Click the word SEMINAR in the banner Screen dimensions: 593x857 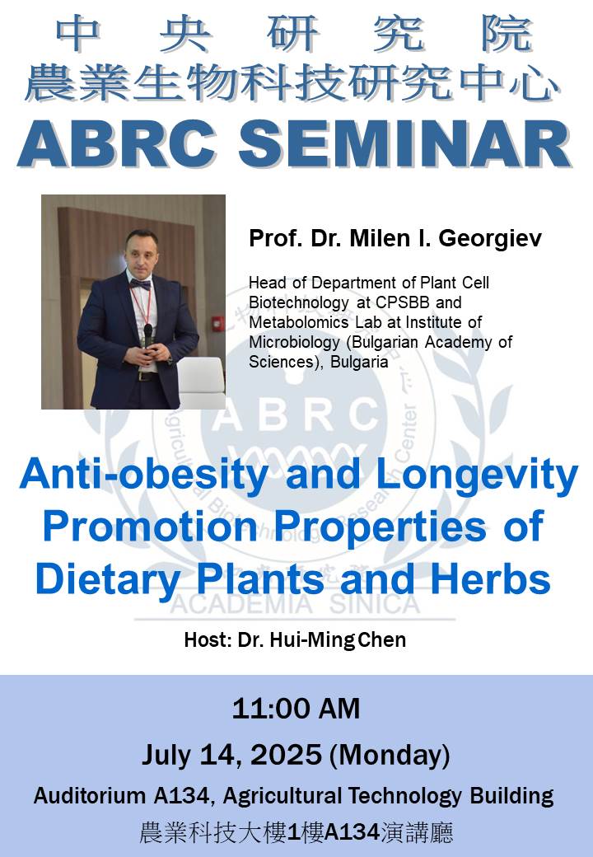click(x=404, y=143)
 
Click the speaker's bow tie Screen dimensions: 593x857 click(x=140, y=284)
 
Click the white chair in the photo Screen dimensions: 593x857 click(x=201, y=382)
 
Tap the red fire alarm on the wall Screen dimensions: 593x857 click(x=217, y=324)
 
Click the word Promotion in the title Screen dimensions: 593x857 click(x=150, y=527)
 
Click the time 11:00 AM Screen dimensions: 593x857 click(x=296, y=709)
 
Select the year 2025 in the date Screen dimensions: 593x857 click(x=286, y=755)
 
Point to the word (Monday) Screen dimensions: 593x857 click(x=390, y=756)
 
